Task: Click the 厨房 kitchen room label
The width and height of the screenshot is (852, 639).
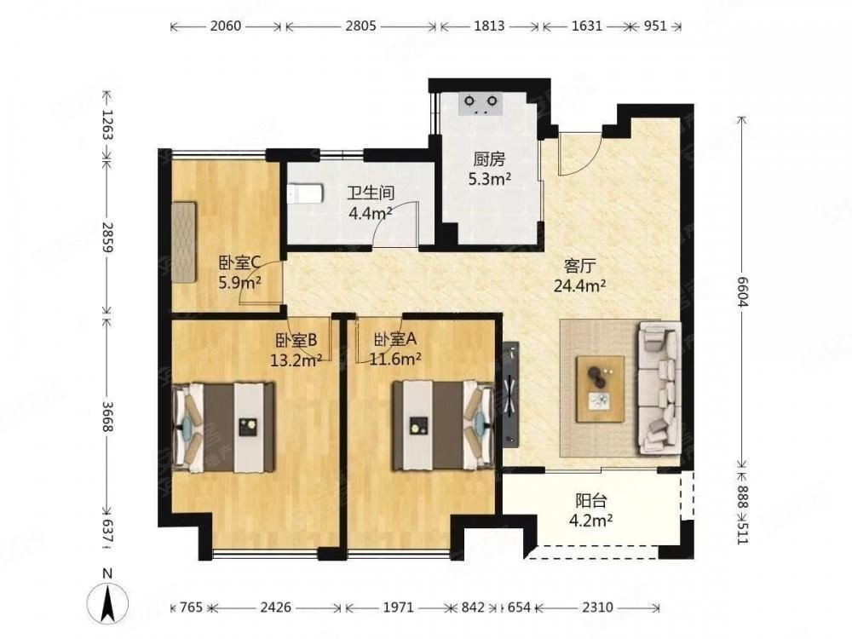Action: point(489,159)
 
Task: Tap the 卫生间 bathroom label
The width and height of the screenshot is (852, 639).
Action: point(371,193)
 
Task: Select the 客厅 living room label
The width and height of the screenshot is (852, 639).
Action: point(579,266)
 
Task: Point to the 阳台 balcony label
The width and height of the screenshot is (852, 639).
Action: point(590,500)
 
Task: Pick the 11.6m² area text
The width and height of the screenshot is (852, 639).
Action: point(396,359)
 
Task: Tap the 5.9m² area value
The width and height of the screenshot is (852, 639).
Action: point(239,282)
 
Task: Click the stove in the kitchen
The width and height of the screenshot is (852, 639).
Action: point(481,104)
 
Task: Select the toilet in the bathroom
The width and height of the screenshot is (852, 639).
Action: point(305,193)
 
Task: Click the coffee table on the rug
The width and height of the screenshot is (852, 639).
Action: point(601,389)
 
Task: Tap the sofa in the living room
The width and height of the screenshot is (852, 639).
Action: point(659,388)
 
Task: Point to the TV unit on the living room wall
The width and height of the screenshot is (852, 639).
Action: point(511,394)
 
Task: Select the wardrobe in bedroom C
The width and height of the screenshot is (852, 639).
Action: point(184,242)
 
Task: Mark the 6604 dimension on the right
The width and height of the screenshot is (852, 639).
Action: point(742,291)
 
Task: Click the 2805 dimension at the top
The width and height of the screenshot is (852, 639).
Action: point(360,26)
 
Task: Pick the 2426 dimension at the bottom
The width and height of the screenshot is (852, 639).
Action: point(276,607)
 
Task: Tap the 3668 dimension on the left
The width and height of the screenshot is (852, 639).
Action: point(107,417)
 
